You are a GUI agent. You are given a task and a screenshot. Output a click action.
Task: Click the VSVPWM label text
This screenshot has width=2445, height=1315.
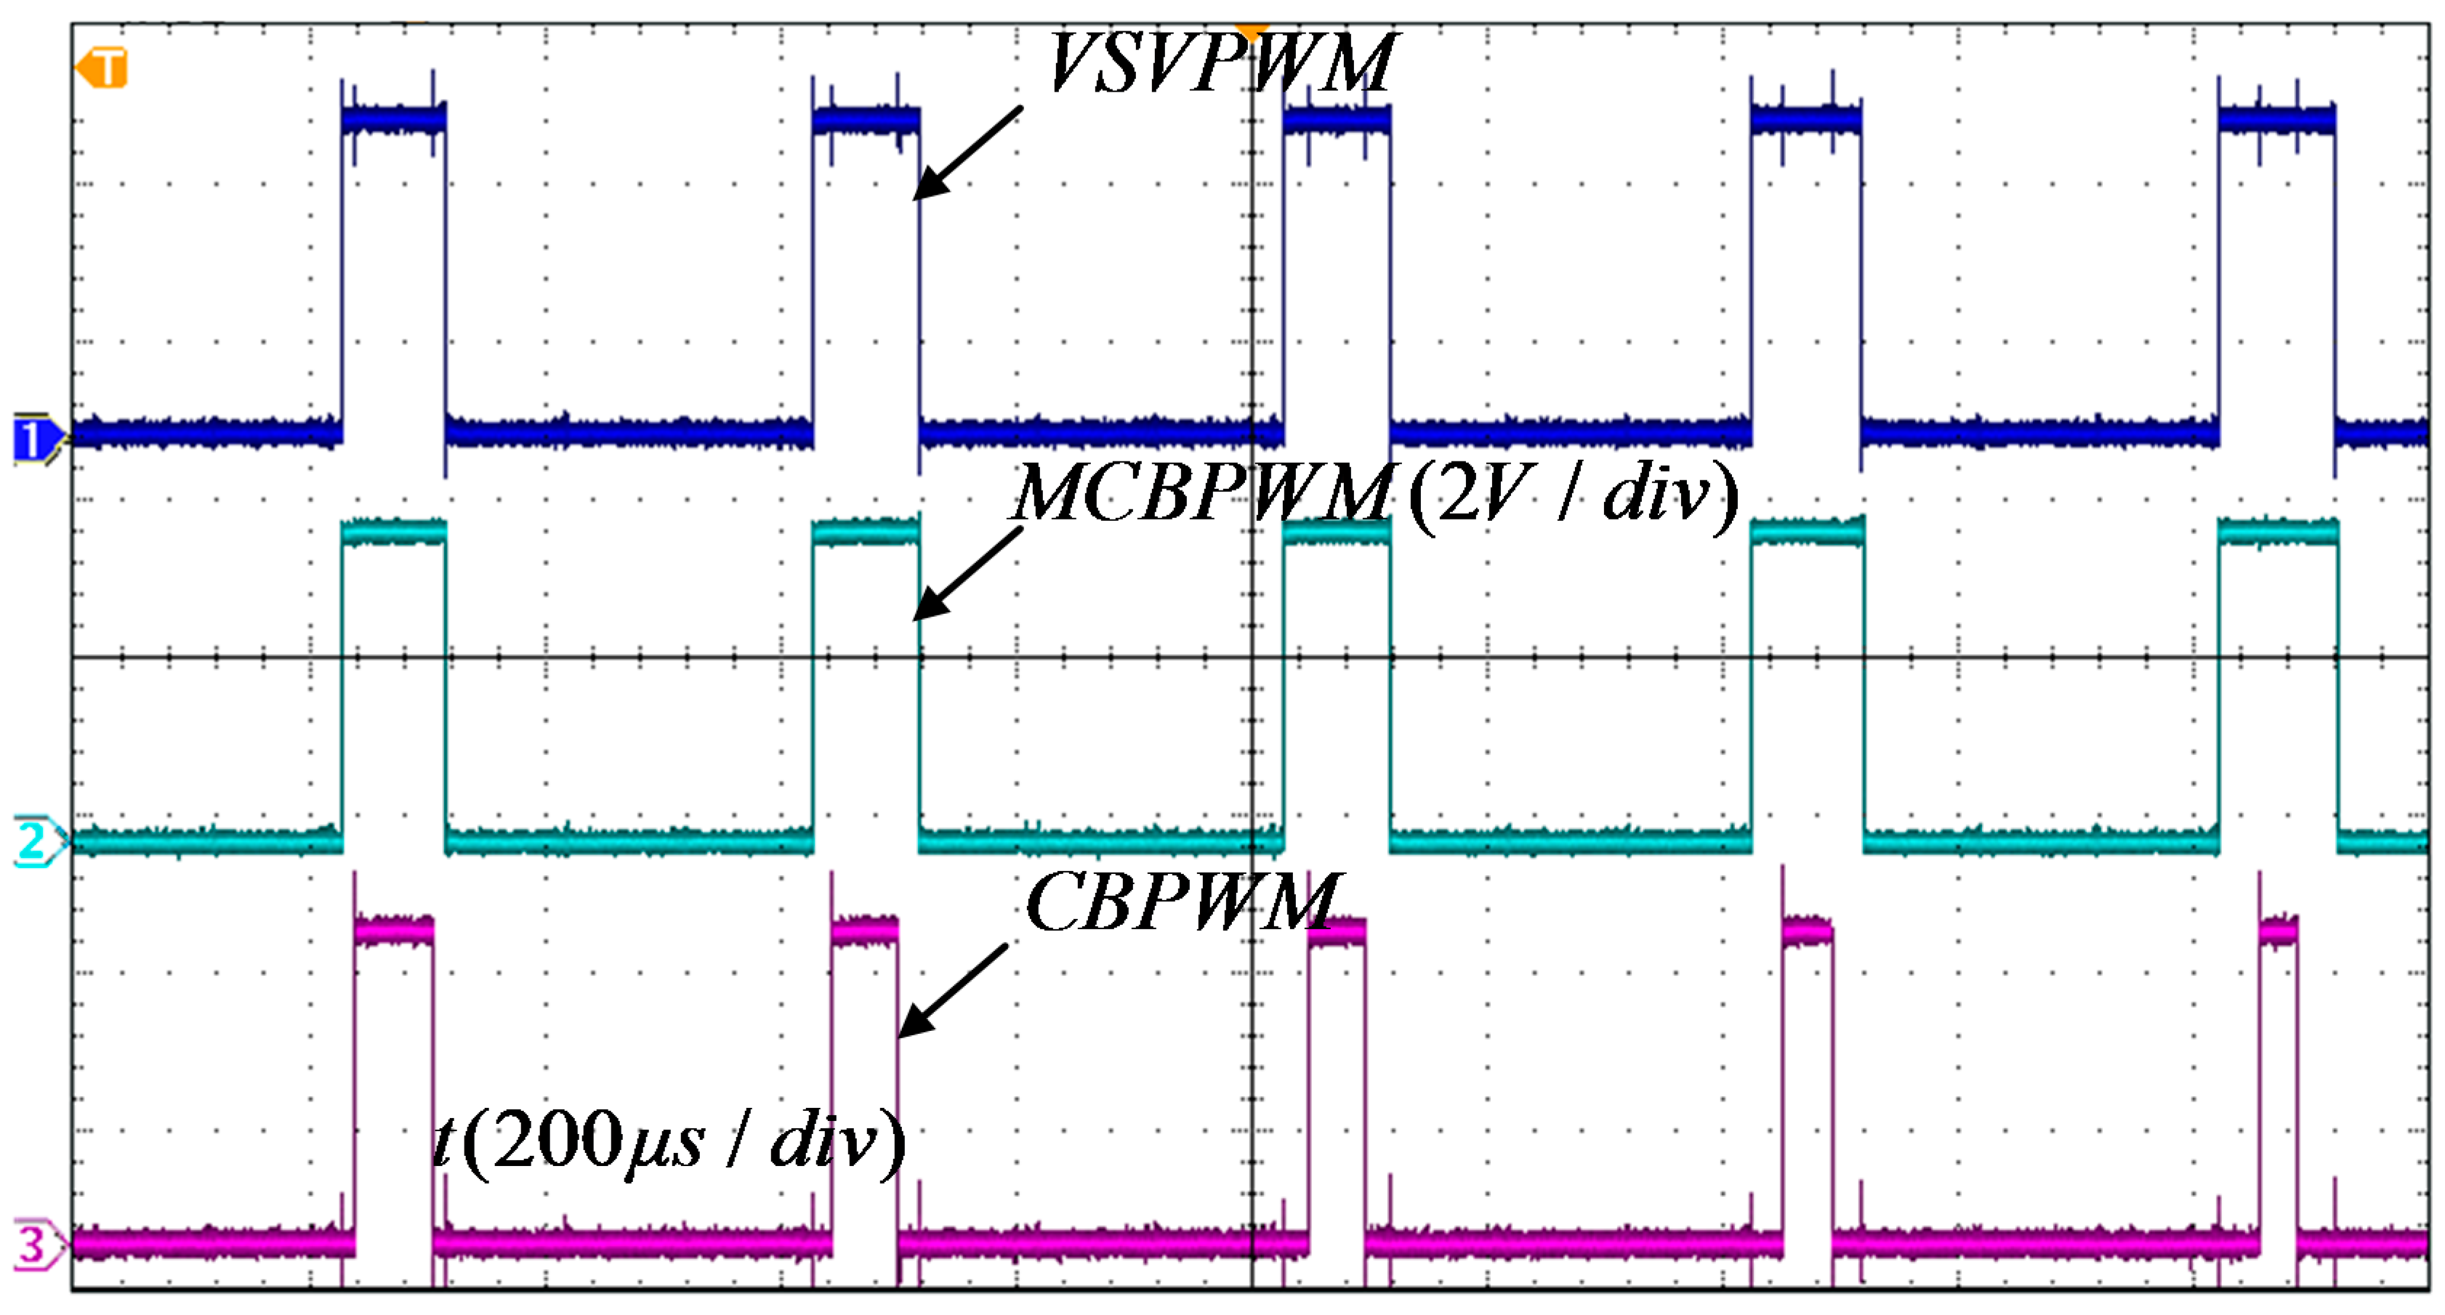tap(1220, 65)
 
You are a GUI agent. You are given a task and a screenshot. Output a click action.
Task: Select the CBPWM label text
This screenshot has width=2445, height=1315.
tap(1183, 903)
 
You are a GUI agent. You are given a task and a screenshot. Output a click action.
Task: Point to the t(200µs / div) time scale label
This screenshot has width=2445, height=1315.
tap(669, 1142)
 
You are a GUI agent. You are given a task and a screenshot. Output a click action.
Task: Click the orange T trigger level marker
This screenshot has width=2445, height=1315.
tap(102, 69)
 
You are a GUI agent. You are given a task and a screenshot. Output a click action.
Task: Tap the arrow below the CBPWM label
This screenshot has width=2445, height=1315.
tap(952, 990)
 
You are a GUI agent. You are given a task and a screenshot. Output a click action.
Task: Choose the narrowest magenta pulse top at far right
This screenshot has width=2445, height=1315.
tap(2278, 931)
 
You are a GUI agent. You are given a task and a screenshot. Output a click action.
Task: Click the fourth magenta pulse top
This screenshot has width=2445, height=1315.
tap(1806, 931)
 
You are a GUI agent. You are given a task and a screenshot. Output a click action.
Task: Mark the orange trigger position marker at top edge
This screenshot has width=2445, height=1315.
tap(1251, 31)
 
